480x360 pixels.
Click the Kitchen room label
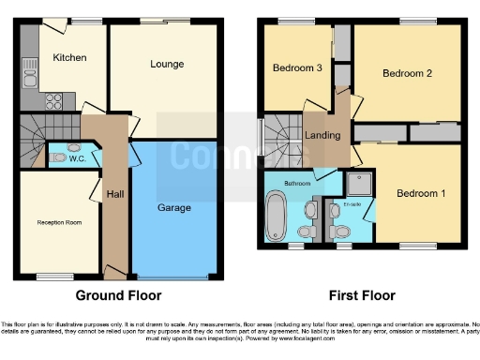(69, 58)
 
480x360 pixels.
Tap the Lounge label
(167, 64)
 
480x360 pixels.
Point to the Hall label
(114, 193)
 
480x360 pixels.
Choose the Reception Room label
(57, 222)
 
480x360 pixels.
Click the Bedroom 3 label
(297, 68)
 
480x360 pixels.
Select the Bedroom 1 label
(421, 194)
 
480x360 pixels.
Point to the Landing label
(322, 137)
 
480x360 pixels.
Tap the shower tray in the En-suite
(358, 183)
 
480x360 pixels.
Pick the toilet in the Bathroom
(305, 231)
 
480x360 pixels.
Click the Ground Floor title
(118, 295)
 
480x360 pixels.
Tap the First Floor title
(360, 295)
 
